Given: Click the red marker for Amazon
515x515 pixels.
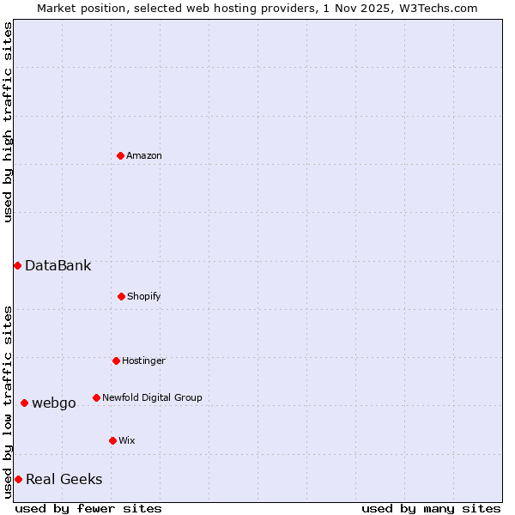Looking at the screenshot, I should click(120, 155).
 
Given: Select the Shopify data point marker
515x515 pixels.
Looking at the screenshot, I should click(121, 296).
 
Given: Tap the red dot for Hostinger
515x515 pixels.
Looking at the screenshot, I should click(116, 360).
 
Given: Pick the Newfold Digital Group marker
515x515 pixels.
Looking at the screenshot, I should click(96, 397).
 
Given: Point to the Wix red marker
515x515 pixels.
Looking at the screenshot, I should click(112, 440).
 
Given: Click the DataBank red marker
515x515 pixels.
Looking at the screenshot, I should click(17, 265).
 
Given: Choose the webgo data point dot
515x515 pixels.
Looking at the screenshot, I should click(24, 403).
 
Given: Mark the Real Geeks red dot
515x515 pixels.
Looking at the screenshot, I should click(18, 479).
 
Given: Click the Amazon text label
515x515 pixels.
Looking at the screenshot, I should click(144, 155).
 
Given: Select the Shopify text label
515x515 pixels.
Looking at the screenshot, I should click(144, 296).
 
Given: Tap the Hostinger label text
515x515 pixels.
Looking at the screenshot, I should click(143, 360).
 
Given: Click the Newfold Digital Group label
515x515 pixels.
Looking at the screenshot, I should click(152, 397).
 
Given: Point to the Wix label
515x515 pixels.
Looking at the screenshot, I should click(127, 440).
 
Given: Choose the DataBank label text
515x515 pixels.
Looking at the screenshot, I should click(58, 265).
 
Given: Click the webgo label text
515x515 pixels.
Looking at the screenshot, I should click(54, 403).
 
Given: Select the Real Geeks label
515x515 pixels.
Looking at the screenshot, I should click(64, 479).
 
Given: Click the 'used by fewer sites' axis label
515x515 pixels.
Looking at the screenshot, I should click(88, 508).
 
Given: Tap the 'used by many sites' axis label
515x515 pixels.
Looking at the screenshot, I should click(431, 508).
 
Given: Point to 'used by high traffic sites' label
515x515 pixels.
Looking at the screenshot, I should click(8, 122).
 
